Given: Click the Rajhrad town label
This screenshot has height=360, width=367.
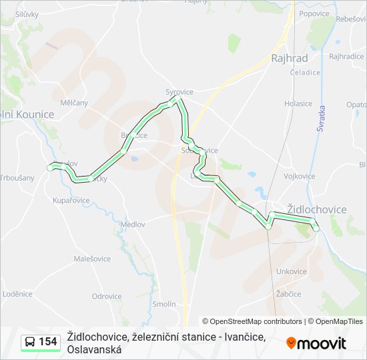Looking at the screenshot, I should click(x=288, y=59).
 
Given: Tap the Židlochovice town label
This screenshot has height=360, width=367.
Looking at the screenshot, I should click(x=316, y=209).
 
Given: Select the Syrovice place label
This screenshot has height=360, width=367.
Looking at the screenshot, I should click(x=179, y=91).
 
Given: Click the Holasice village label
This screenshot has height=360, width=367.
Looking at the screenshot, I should click(x=298, y=103).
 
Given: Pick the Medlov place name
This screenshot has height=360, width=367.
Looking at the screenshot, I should click(x=133, y=225).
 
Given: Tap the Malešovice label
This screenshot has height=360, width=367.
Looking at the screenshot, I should click(x=92, y=259).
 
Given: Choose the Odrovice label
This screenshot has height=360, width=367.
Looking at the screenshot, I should click(x=107, y=297).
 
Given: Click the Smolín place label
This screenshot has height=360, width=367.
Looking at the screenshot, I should click(x=164, y=304).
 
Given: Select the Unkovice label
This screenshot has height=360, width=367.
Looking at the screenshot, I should click(x=292, y=271).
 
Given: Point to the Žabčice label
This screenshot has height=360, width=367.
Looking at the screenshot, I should click(x=288, y=294).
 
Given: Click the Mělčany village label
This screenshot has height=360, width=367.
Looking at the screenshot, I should click(x=74, y=103).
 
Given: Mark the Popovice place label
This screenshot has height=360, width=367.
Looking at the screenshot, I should click(x=314, y=13).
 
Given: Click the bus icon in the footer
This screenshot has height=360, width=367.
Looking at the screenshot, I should click(x=30, y=342).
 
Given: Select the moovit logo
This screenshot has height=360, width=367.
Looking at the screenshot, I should click(x=316, y=343).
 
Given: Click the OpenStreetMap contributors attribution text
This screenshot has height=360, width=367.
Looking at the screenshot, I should click(x=252, y=321).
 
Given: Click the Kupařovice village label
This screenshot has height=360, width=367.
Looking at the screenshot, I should click(x=71, y=200).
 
